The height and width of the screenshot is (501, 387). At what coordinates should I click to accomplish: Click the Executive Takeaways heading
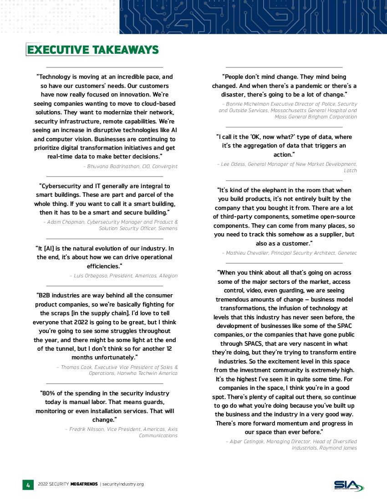point(92,50)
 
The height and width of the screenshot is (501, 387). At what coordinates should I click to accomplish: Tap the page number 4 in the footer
point(28,485)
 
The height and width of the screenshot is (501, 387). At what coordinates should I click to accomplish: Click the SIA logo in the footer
point(349,486)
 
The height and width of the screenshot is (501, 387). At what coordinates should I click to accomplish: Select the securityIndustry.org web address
point(123,484)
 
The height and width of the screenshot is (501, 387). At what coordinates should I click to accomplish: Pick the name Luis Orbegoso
point(90,276)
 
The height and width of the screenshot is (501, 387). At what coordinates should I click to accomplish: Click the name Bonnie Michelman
point(244,104)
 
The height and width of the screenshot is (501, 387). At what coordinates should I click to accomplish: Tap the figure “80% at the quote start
point(48,393)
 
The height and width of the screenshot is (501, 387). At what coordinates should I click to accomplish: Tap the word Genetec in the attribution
point(347,253)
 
